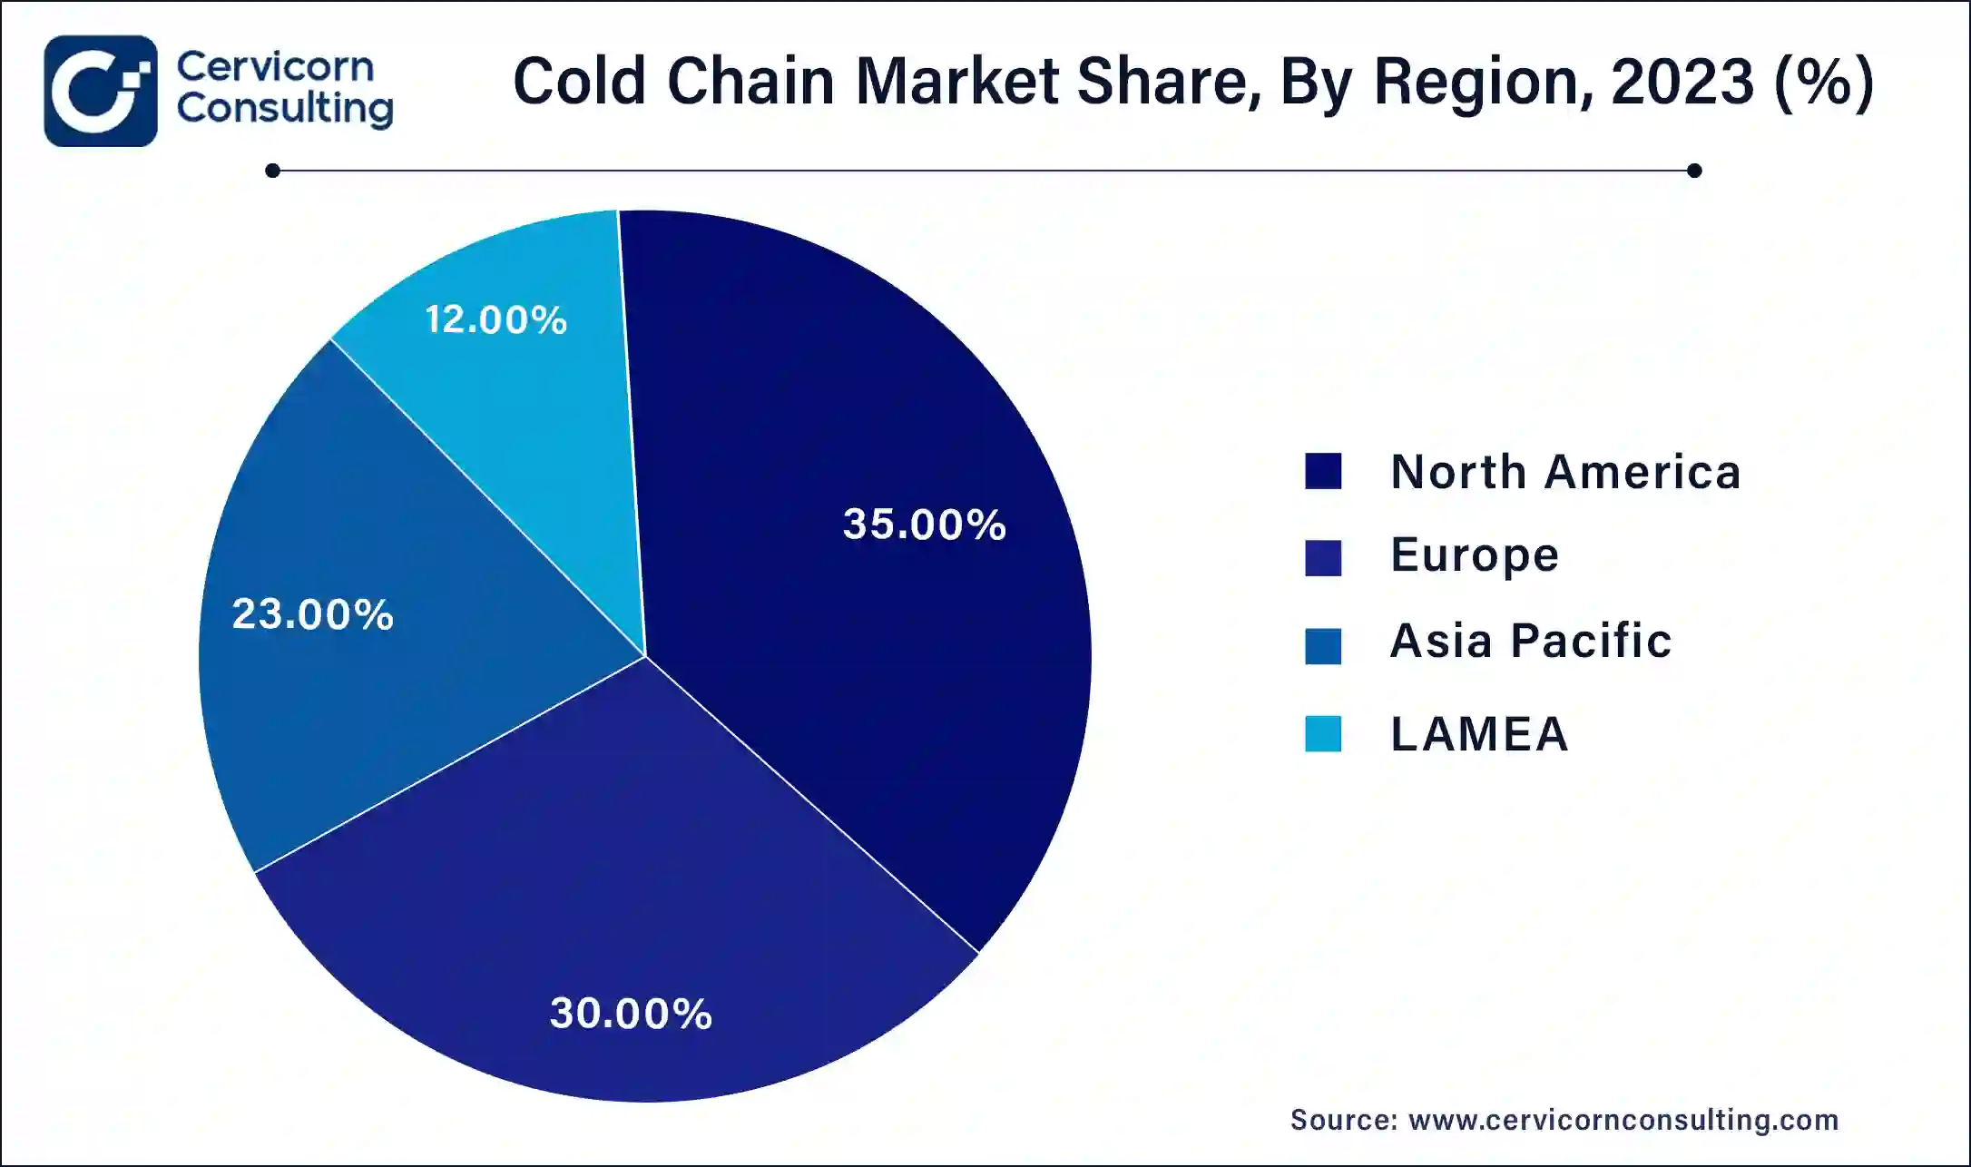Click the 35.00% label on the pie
coord(924,524)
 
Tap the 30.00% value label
coord(631,1013)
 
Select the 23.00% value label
coord(312,613)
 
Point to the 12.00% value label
coord(495,319)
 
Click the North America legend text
coord(1565,472)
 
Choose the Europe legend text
coord(1475,555)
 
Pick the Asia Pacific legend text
coord(1531,641)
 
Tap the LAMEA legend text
coord(1479,733)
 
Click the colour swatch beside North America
coord(1323,472)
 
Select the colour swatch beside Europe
coord(1323,558)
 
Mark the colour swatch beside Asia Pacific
coord(1323,646)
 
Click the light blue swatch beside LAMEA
coord(1323,734)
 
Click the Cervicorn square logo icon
coord(101,91)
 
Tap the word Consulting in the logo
coord(285,109)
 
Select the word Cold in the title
coord(579,82)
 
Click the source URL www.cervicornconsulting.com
coord(1623,1120)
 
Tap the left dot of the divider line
coord(272,171)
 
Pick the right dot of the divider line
coord(1694,171)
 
